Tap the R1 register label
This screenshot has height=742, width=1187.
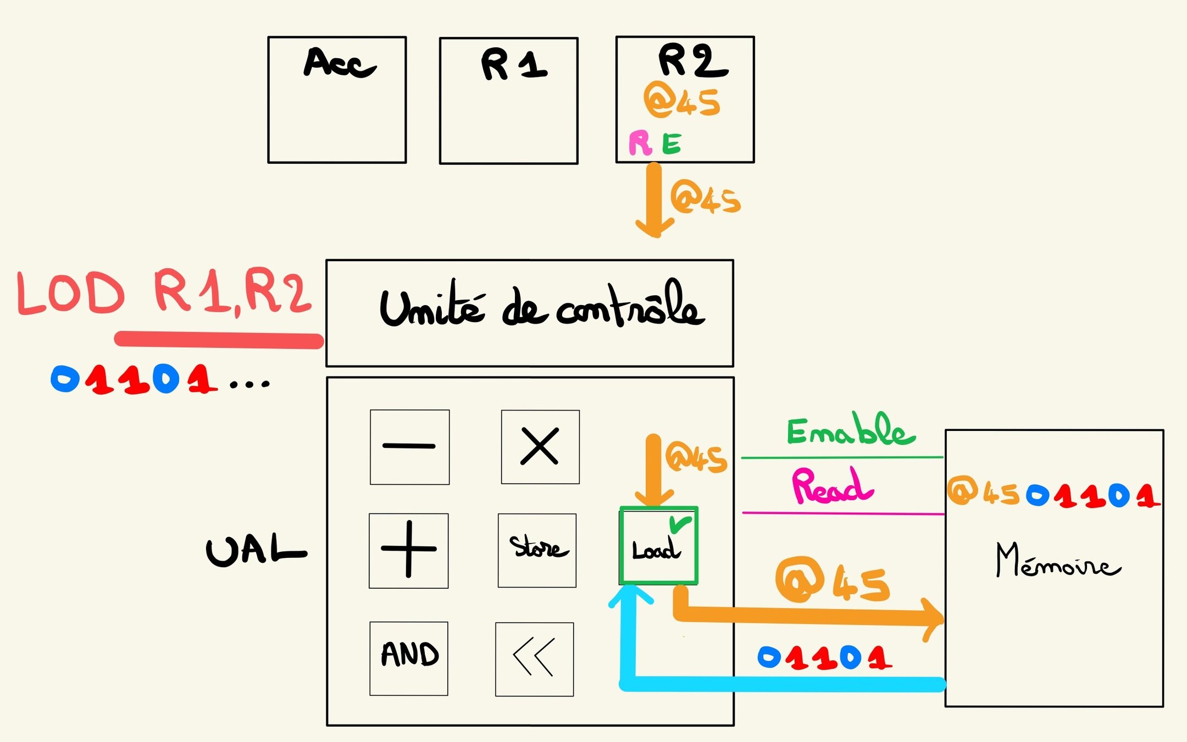pos(513,65)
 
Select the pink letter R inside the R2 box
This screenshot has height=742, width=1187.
pos(640,143)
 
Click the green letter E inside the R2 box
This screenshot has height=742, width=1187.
pos(672,144)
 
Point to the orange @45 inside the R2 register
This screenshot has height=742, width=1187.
pos(682,100)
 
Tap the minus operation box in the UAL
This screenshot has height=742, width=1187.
pos(409,447)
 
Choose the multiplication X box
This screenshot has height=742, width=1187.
pos(540,447)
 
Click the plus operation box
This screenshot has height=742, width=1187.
pos(408,550)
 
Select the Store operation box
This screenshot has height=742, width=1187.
pos(537,550)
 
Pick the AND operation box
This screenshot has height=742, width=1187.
pos(409,658)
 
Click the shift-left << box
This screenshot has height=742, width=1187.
pos(534,658)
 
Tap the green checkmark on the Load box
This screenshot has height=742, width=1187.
pos(680,524)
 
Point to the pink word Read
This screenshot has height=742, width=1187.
pos(831,486)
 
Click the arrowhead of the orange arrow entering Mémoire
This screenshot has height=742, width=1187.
pos(934,619)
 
